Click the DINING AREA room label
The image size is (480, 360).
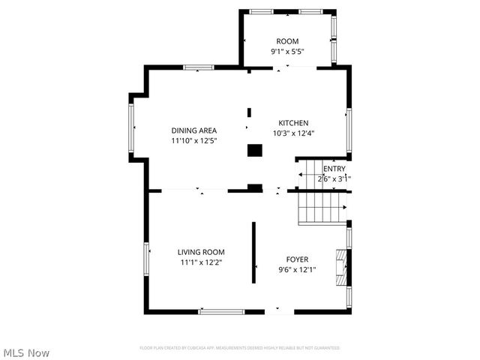[193, 130]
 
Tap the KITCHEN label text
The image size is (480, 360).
[293, 123]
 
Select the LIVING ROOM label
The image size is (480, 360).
[201, 252]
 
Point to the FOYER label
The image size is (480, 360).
[297, 259]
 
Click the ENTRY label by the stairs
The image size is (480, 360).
[334, 169]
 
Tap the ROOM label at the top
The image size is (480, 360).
[287, 41]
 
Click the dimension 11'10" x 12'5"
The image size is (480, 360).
[193, 140]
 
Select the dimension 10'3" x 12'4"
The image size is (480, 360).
[293, 133]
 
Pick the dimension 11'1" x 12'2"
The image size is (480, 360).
[201, 262]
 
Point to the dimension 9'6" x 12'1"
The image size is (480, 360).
[297, 270]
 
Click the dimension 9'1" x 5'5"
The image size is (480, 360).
[287, 52]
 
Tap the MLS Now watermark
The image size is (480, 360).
[27, 352]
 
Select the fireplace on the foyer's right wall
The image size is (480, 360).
[342, 266]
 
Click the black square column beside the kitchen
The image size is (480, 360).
[255, 150]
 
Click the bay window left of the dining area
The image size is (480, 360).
[131, 127]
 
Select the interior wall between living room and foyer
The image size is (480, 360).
[254, 252]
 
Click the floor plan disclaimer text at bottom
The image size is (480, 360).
[239, 348]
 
